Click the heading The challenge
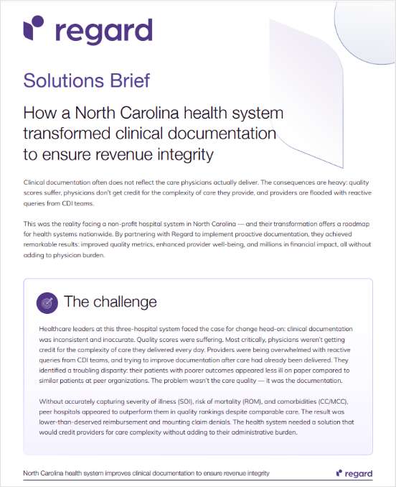pyautogui.click(x=110, y=300)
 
